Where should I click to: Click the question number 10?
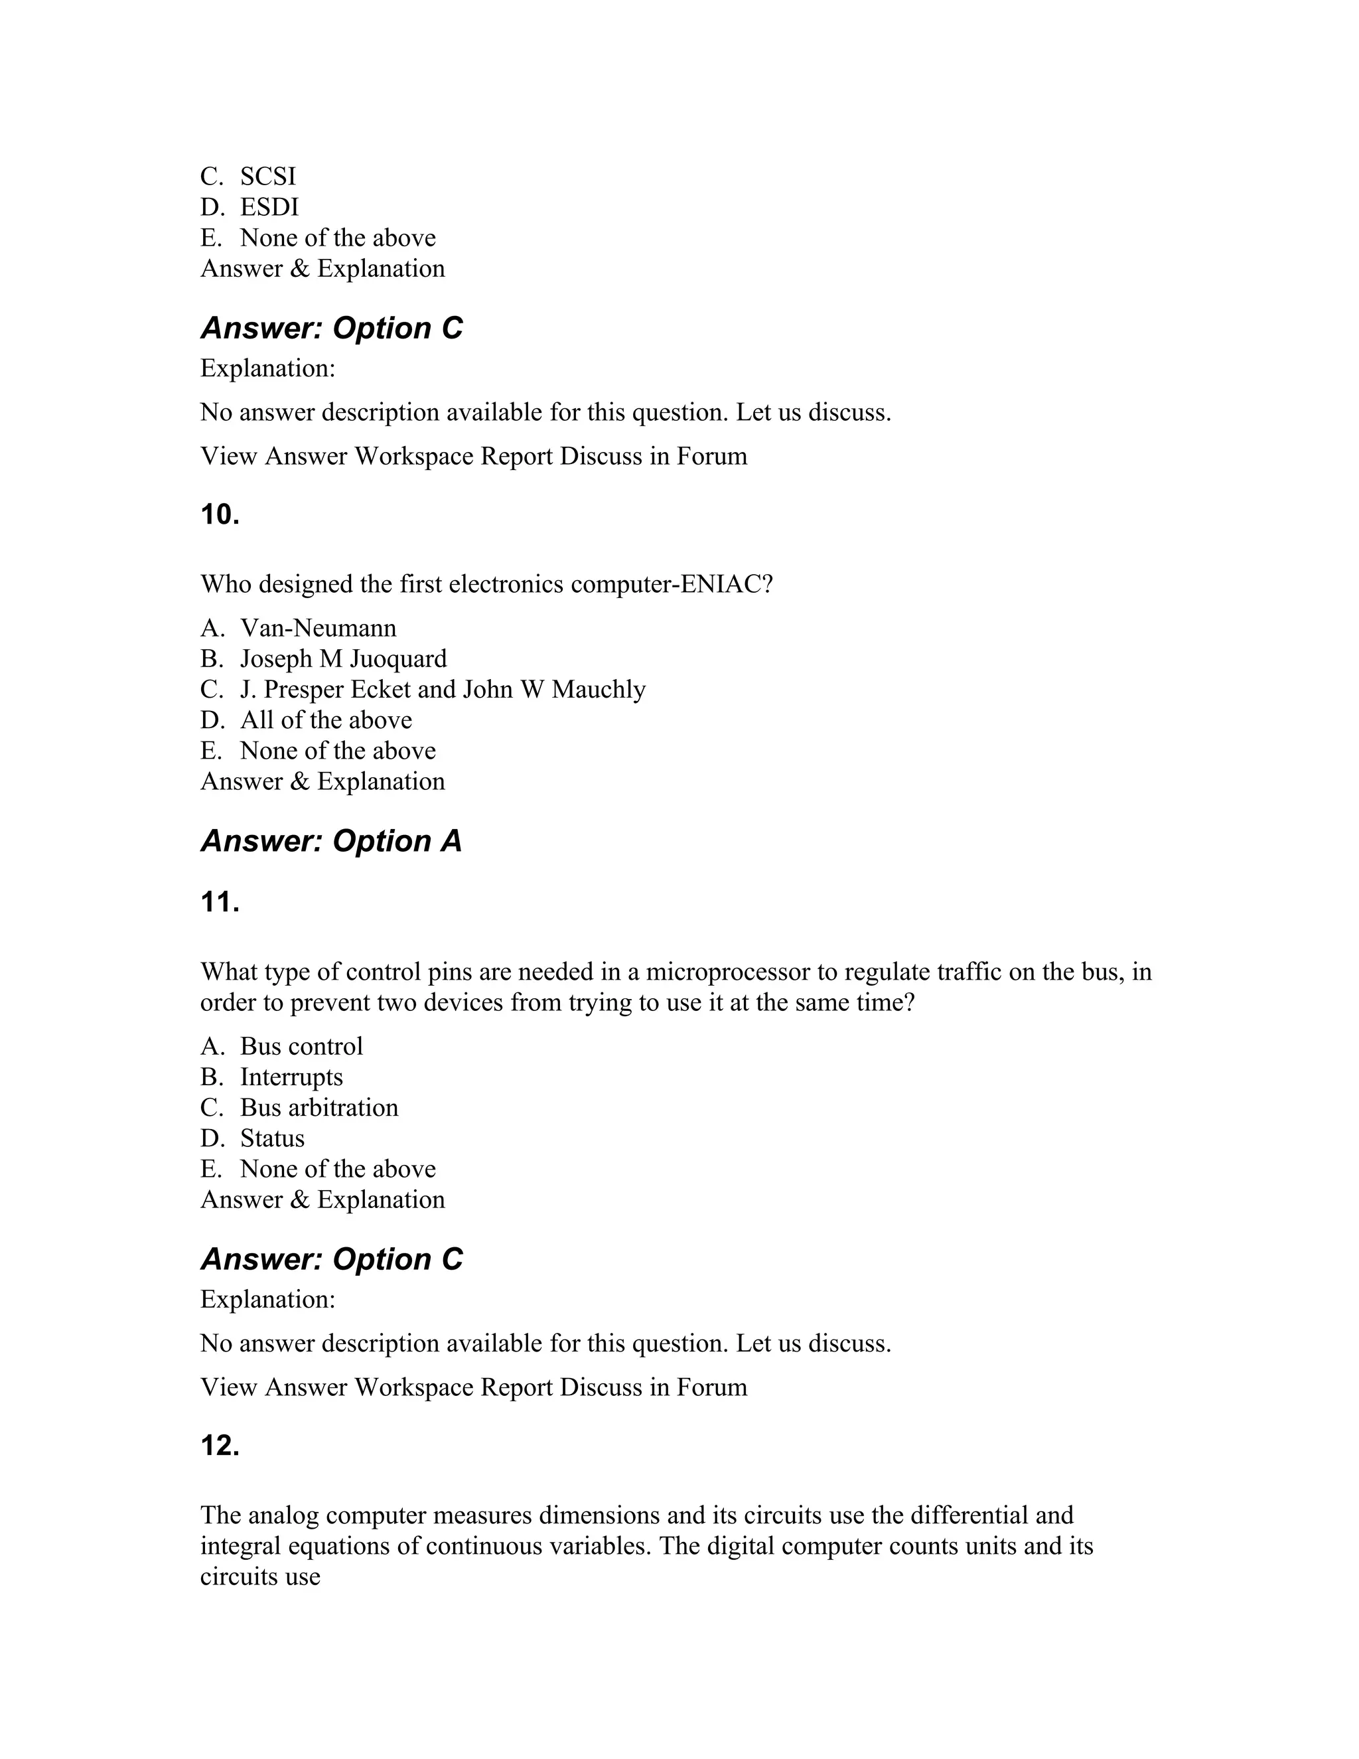pos(220,514)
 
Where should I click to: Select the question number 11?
pos(220,902)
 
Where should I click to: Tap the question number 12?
pos(220,1446)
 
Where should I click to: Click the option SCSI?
pos(267,177)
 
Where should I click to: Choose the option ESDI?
pos(269,207)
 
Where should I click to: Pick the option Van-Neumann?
pos(318,627)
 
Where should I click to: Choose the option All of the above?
pos(325,720)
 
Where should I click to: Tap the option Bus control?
pos(301,1046)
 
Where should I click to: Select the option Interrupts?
pos(291,1077)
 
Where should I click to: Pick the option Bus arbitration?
pos(319,1107)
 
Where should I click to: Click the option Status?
pos(272,1138)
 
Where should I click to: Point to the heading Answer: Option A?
pos(331,841)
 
